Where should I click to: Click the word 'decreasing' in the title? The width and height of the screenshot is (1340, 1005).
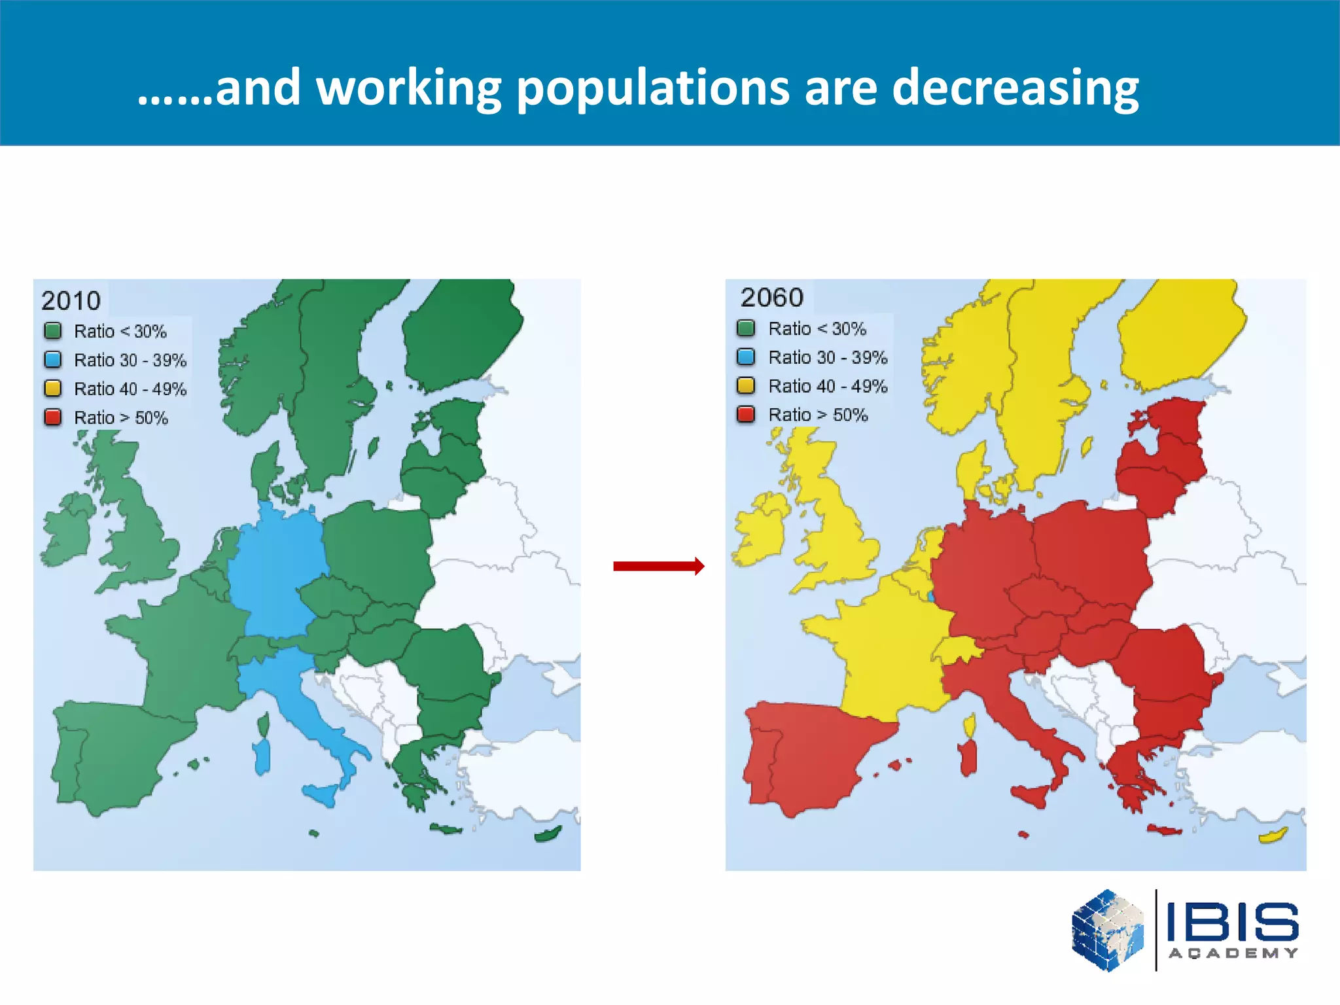1015,88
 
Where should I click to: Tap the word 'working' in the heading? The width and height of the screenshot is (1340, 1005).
409,88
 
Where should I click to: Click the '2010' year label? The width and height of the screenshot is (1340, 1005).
71,301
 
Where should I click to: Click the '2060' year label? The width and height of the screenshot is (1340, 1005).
772,298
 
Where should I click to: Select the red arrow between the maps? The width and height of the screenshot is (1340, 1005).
658,566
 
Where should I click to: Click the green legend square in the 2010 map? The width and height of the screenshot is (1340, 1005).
53,331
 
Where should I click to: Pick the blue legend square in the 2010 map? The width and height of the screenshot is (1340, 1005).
53,360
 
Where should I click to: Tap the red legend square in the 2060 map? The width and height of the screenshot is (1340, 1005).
746,414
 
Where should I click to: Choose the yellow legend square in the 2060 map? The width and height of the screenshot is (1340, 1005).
746,385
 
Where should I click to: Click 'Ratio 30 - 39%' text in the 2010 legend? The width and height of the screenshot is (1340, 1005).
130,361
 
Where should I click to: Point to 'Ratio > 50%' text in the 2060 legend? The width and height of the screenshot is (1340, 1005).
818,415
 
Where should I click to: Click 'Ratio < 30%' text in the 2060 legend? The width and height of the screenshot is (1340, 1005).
817,328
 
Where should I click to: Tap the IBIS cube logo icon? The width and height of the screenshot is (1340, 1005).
1108,930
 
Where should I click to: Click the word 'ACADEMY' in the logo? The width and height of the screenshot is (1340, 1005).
1233,953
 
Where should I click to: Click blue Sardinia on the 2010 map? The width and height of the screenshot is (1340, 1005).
262,756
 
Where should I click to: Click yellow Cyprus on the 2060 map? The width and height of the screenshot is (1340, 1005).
1273,836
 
